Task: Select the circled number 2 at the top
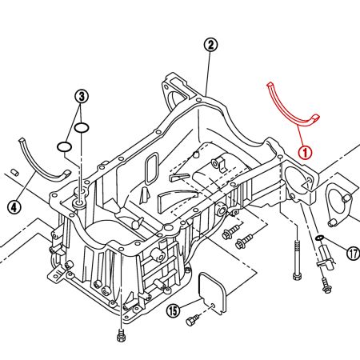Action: click(210, 45)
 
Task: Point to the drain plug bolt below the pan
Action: click(121, 333)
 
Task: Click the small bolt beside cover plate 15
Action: click(192, 321)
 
